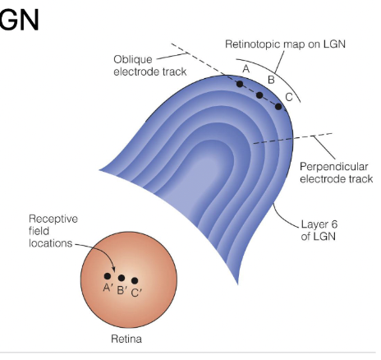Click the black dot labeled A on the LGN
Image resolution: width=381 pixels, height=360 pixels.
(x=240, y=84)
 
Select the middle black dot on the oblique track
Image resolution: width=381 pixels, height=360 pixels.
(x=259, y=95)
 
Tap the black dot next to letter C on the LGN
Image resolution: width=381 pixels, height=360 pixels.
(x=278, y=107)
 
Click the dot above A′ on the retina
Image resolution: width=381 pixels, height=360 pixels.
(x=108, y=276)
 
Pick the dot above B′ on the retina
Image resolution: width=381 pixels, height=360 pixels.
(x=122, y=278)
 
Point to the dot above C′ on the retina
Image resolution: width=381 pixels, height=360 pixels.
(x=135, y=280)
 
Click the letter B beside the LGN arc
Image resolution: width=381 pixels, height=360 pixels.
(x=271, y=80)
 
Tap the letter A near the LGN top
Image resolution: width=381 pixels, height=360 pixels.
(x=246, y=68)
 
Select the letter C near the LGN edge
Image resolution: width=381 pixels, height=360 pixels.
(x=289, y=97)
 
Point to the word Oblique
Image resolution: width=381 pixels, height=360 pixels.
(x=133, y=60)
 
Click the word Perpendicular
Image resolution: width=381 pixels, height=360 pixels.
(x=334, y=167)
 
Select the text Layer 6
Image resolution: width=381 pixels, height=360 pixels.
(x=319, y=224)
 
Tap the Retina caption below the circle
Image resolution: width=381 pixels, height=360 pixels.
(x=126, y=339)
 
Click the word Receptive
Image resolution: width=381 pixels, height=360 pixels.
(x=53, y=219)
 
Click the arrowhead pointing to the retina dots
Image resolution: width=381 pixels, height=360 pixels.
(x=113, y=270)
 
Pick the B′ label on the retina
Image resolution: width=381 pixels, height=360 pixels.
(x=122, y=290)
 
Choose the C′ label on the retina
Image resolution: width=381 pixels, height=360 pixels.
(x=136, y=293)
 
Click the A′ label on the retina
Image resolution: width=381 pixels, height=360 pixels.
(x=108, y=288)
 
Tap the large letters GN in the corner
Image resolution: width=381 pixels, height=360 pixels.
(x=19, y=20)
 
